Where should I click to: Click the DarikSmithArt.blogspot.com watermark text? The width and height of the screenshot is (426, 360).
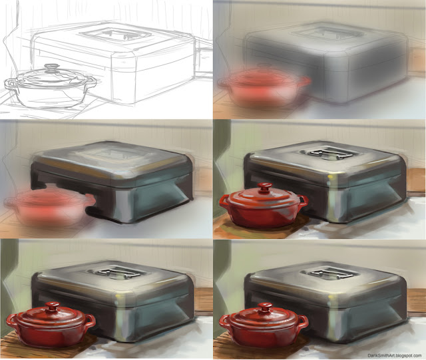pyautogui.click(x=395, y=355)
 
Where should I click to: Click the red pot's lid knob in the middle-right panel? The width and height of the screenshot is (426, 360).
pyautogui.click(x=264, y=187)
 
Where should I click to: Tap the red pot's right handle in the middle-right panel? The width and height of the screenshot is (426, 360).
pyautogui.click(x=303, y=200)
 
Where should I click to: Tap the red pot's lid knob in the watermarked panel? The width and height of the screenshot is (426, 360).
pyautogui.click(x=264, y=307)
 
